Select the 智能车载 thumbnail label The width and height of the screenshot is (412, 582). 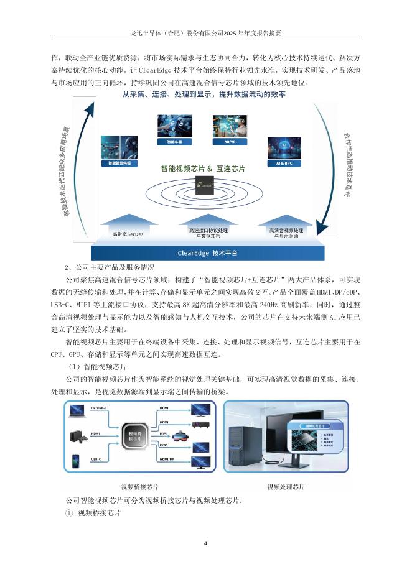point(169,142)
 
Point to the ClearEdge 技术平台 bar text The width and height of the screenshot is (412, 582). point(207,253)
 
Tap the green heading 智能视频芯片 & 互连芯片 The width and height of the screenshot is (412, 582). point(203,169)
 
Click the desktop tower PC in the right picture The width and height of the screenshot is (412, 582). point(246,441)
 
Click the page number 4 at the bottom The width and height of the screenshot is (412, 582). point(206,543)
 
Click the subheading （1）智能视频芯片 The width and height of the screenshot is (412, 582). point(98,367)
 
